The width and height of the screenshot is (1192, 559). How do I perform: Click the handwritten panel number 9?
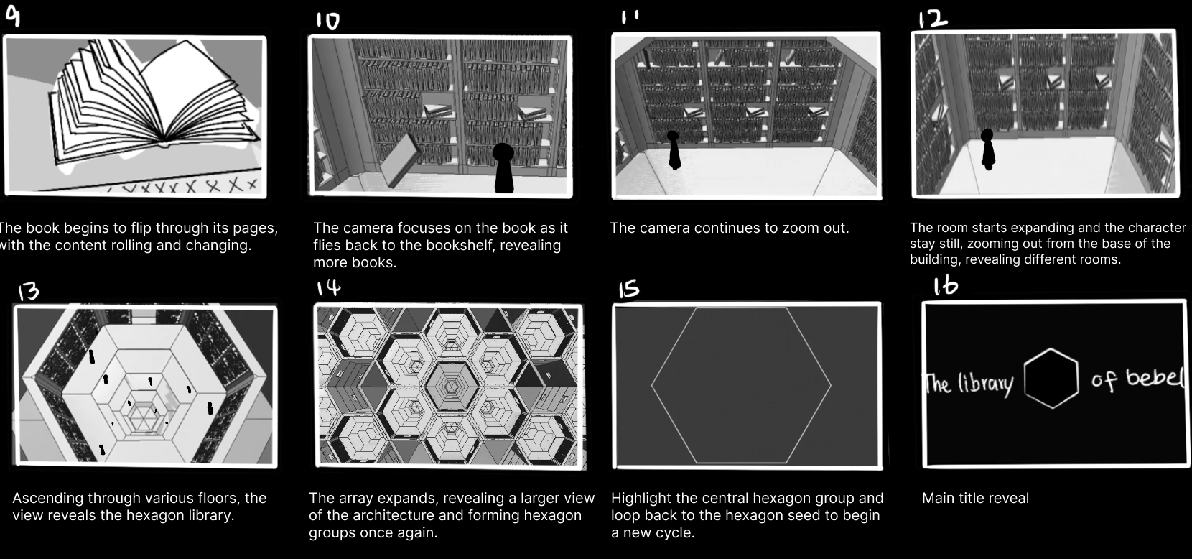(14, 15)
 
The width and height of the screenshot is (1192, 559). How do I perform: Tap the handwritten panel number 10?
(327, 21)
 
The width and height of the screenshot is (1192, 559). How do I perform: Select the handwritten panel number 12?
(932, 19)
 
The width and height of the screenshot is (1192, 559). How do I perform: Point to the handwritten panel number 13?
(29, 291)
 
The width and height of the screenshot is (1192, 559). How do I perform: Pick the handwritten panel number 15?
(629, 289)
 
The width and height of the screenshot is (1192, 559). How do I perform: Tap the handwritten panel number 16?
(946, 285)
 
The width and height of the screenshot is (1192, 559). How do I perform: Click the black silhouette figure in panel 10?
(503, 167)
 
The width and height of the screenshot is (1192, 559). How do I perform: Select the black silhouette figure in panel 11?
(674, 150)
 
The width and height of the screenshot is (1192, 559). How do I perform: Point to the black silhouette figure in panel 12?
(987, 149)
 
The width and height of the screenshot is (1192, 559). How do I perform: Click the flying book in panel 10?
(400, 160)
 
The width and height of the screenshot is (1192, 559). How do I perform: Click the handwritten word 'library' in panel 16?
(985, 383)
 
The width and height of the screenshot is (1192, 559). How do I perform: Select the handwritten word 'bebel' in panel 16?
(1155, 377)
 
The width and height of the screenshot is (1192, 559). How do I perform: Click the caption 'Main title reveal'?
(975, 499)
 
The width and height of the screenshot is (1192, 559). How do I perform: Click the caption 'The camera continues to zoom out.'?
(729, 228)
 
